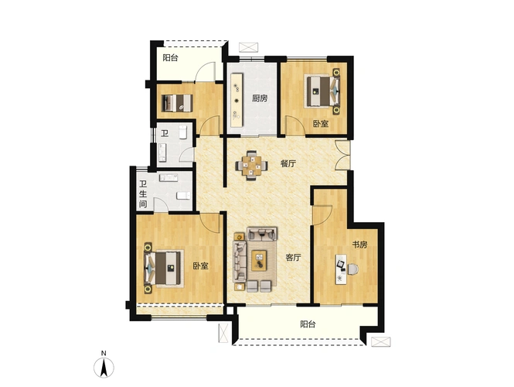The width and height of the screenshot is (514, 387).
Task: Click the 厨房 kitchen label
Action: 260,98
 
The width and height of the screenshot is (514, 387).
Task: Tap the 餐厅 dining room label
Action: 288,163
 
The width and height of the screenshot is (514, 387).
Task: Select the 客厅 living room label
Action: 293,257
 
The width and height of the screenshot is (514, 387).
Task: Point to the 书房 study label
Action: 359,245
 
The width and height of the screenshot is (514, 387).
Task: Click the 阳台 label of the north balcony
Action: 171,58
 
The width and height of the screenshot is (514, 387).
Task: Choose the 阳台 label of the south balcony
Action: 308,324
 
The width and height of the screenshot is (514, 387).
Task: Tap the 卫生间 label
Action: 143,194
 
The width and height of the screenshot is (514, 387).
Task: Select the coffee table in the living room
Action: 260,261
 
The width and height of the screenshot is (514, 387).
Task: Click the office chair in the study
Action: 353,269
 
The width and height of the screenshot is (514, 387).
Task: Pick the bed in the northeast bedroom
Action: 323,91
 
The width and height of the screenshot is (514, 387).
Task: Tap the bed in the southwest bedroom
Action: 163,268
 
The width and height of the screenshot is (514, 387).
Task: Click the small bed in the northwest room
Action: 177,103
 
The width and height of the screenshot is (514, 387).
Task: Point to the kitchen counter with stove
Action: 237,101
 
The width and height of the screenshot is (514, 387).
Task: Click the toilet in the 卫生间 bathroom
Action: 183,196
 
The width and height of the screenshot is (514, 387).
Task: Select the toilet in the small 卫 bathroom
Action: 183,132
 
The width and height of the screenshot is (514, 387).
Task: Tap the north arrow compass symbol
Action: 104,367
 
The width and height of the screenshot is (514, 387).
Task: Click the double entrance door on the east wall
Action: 342,155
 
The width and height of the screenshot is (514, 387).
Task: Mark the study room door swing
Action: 323,215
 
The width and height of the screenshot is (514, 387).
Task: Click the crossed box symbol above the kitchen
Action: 249,47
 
